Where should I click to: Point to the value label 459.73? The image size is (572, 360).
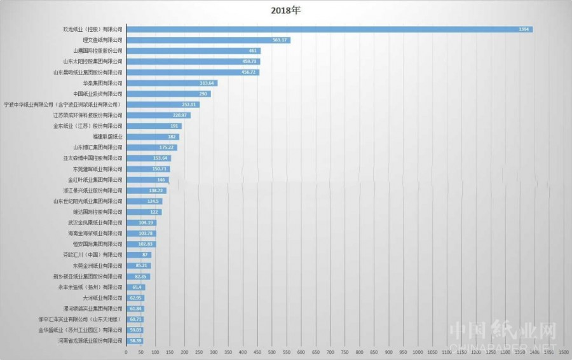pyautogui.click(x=250, y=62)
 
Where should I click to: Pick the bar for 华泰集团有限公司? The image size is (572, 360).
pyautogui.click(x=172, y=83)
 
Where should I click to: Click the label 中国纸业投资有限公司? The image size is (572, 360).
pyautogui.click(x=98, y=94)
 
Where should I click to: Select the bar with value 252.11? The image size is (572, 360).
pyautogui.click(x=163, y=104)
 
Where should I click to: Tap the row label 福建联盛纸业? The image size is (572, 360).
pyautogui.click(x=107, y=137)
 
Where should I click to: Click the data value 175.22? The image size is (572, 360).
pyautogui.click(x=167, y=148)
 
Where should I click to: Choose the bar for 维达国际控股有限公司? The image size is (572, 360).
pyautogui.click(x=144, y=212)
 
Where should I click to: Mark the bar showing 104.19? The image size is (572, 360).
pyautogui.click(x=141, y=223)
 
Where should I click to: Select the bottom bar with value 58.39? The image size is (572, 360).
pyautogui.click(x=135, y=341)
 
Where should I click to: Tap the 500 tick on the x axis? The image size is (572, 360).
pyautogui.click(x=272, y=352)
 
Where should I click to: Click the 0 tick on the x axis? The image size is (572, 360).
pyautogui.click(x=126, y=352)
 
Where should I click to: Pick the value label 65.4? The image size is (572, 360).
pyautogui.click(x=137, y=287)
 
